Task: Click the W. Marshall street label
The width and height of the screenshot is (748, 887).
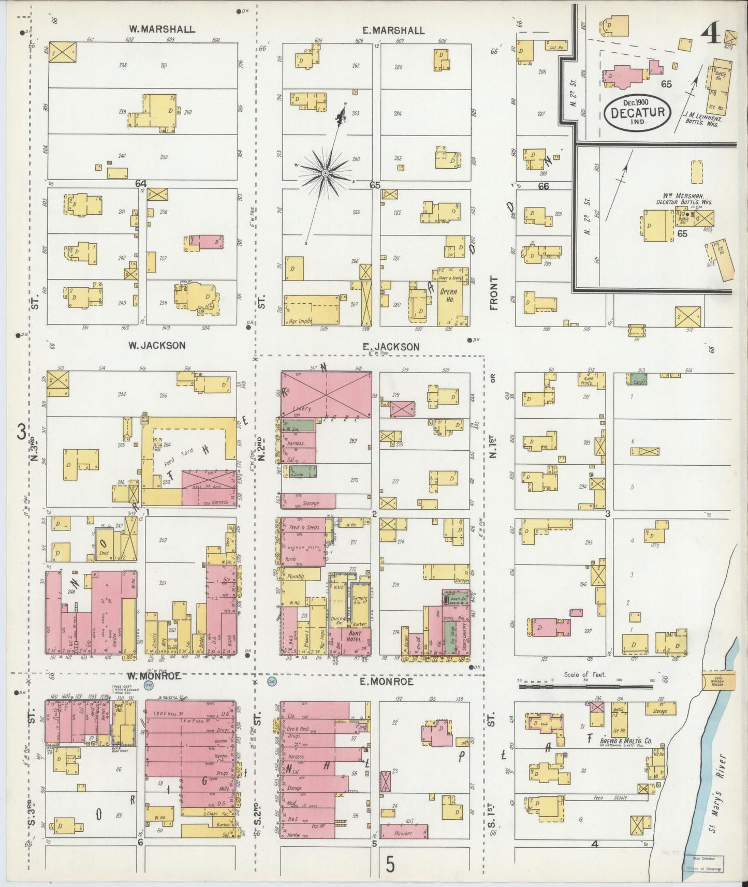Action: click(x=162, y=29)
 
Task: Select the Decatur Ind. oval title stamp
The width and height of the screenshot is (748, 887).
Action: click(x=637, y=110)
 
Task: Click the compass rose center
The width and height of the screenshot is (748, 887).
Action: click(x=325, y=173)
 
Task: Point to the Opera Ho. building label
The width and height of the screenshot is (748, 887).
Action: click(x=448, y=295)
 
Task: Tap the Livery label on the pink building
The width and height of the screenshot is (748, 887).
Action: click(x=302, y=408)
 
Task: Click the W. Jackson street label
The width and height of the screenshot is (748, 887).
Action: click(x=157, y=345)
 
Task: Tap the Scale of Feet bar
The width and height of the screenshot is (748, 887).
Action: click(x=585, y=687)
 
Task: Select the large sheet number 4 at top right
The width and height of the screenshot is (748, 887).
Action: click(x=710, y=36)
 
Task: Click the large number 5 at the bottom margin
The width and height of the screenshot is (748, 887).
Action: click(x=391, y=863)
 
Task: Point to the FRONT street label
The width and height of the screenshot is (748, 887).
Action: click(x=494, y=293)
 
